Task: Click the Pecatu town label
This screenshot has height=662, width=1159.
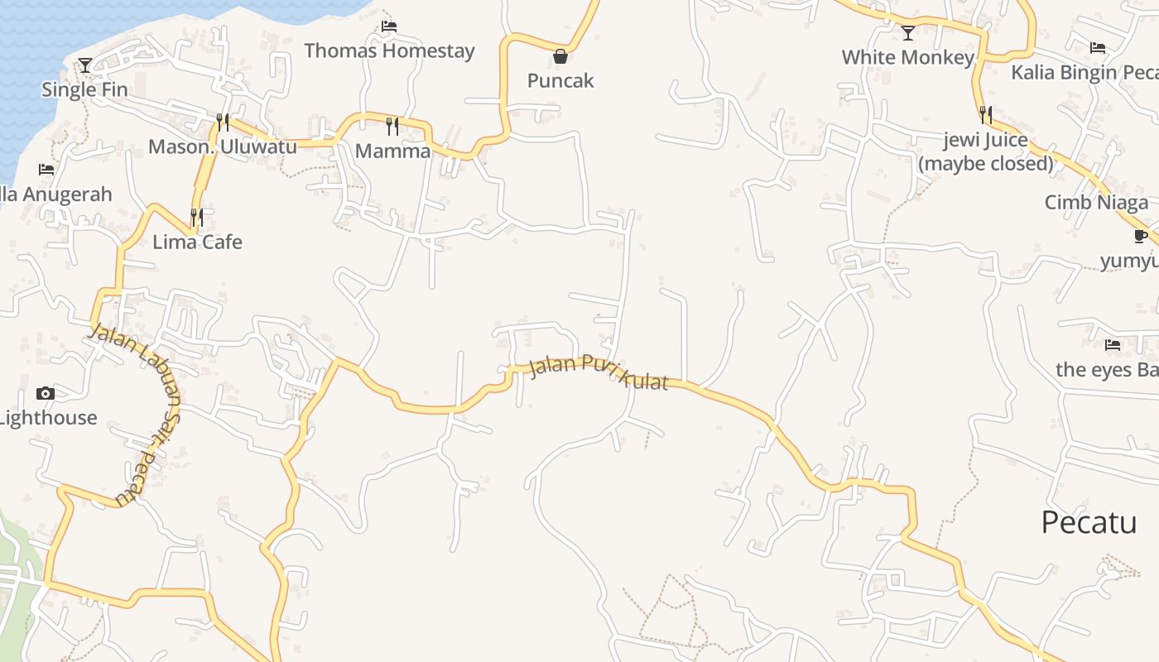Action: click(1089, 523)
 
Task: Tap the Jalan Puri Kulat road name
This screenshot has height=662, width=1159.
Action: click(598, 373)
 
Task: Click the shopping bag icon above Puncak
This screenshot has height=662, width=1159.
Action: click(560, 56)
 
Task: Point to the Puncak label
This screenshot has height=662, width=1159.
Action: click(560, 80)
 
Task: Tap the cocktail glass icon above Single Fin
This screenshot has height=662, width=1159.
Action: click(84, 65)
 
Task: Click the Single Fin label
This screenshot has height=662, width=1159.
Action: click(84, 89)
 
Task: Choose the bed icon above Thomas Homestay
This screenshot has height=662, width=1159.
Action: click(388, 26)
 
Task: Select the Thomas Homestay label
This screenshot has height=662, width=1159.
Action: click(389, 50)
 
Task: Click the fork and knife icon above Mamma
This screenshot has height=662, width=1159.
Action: click(392, 127)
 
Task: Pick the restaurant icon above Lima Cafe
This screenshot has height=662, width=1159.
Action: click(197, 217)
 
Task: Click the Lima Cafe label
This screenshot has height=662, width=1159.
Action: click(197, 242)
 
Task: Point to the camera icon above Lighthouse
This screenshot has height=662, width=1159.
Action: click(46, 393)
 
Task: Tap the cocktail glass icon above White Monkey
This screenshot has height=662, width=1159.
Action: click(908, 33)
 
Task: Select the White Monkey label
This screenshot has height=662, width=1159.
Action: click(908, 57)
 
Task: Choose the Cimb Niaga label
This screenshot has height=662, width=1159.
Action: click(1096, 203)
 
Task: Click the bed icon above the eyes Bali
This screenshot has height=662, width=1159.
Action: click(1112, 344)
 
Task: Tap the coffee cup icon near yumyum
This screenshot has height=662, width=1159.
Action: click(1141, 237)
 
